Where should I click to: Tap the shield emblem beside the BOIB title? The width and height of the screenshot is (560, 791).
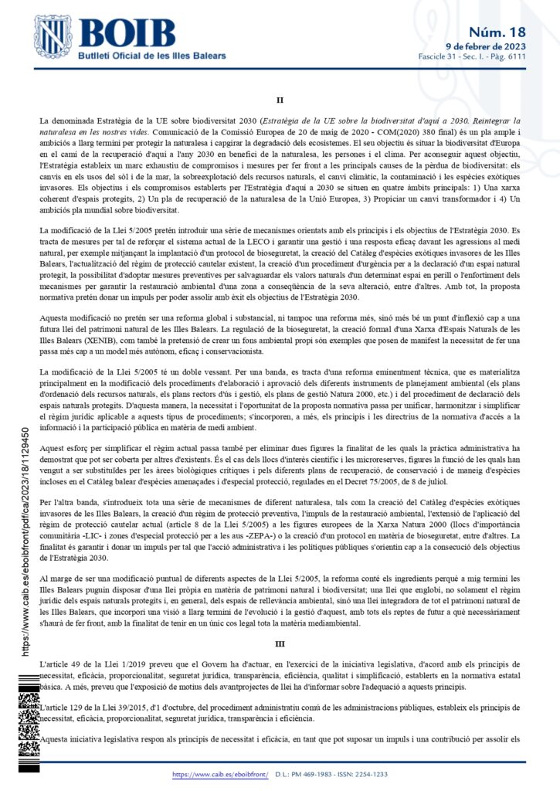pos(53,37)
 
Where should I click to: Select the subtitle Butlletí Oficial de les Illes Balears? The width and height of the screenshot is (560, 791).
pos(153,56)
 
